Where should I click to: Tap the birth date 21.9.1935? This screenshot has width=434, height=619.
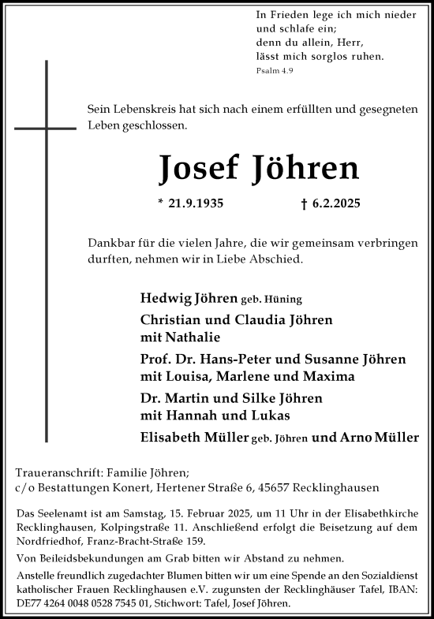pyautogui.click(x=191, y=203)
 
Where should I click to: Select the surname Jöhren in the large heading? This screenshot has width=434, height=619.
pyautogui.click(x=305, y=167)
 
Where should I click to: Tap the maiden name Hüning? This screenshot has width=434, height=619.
pyautogui.click(x=286, y=300)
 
